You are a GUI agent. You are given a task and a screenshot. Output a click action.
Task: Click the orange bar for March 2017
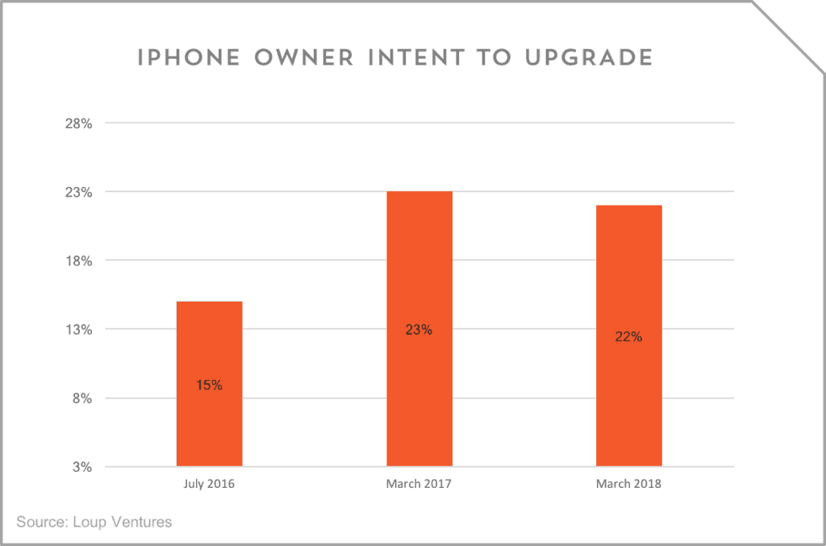419,266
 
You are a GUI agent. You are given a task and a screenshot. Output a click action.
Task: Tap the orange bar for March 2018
628,274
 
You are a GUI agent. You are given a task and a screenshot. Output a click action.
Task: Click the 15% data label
209,386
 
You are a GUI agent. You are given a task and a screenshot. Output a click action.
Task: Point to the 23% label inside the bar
419,330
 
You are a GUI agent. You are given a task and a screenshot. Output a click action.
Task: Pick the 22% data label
628,337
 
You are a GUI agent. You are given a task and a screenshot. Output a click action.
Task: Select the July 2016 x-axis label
209,485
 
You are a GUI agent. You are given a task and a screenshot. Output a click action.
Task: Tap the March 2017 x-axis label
419,485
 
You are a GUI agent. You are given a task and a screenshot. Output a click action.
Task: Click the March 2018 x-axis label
628,485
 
